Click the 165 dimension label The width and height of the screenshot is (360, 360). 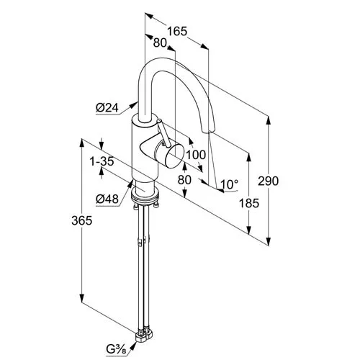click(177, 32)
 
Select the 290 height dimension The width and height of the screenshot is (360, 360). click(269, 181)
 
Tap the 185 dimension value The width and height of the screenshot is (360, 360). click(249, 203)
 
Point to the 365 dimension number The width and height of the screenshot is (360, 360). click(81, 220)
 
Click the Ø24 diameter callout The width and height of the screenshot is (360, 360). click(107, 108)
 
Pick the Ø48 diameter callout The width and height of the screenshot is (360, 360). click(107, 199)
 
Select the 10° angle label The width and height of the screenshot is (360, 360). click(230, 184)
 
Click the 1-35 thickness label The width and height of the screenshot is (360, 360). click(102, 161)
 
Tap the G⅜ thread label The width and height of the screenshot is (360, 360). click(117, 350)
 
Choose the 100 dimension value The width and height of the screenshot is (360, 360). click(196, 155)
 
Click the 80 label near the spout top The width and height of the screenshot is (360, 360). click(160, 43)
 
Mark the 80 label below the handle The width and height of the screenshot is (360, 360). click(184, 179)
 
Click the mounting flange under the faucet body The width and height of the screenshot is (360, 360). click(145, 196)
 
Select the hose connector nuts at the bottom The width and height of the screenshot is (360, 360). click(145, 335)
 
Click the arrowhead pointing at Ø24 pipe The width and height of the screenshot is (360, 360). click(135, 105)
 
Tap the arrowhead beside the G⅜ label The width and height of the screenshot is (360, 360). click(133, 346)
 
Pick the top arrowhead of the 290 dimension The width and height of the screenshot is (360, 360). click(269, 120)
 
